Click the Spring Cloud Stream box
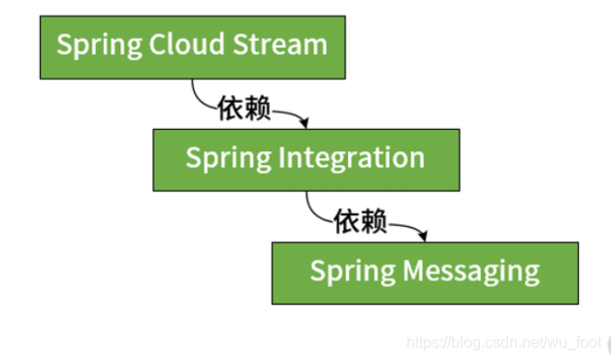click(191, 47)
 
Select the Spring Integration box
click(305, 158)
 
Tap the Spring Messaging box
click(425, 273)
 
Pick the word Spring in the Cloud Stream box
click(88, 47)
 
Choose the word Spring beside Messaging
click(341, 273)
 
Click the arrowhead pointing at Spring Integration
click(305, 123)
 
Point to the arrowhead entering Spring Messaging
click(424, 236)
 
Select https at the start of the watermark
click(423, 343)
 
